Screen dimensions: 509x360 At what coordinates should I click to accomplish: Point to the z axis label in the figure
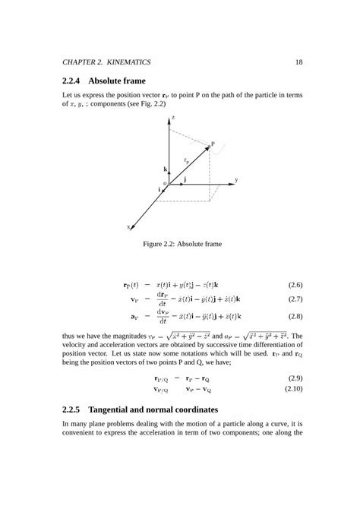tap(173, 119)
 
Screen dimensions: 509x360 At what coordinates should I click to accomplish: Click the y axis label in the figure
tap(236, 180)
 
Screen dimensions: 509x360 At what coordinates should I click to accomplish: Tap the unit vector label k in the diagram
tap(165, 169)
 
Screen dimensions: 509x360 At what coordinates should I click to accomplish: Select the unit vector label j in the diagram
tap(185, 178)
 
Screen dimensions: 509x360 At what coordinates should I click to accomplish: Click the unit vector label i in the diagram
tap(159, 188)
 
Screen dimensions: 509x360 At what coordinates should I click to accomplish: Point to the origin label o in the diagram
tap(165, 183)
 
